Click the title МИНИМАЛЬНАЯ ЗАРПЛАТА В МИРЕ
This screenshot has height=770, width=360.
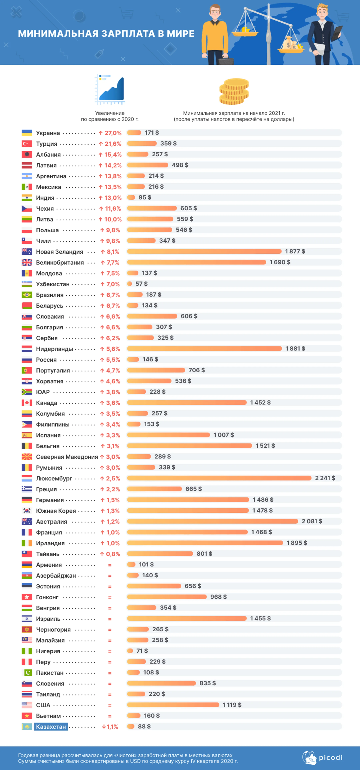[106, 33]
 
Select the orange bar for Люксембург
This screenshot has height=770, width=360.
[219, 478]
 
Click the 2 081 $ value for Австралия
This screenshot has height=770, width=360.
[312, 521]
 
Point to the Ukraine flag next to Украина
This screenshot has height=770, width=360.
[27, 133]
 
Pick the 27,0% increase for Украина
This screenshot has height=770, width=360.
[110, 133]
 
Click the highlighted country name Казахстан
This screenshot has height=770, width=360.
[51, 726]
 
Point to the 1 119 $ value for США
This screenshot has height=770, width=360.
[232, 705]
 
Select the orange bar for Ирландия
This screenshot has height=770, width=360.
[205, 543]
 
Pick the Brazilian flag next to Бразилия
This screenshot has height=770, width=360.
[27, 295]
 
